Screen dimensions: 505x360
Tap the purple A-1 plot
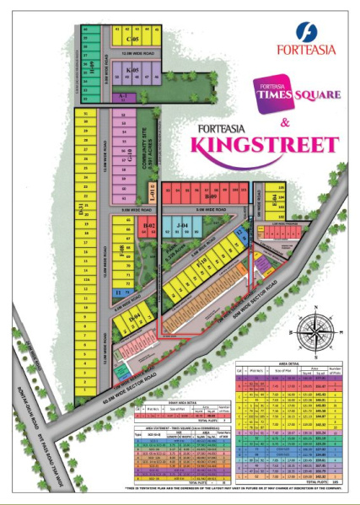pos(124,98)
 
